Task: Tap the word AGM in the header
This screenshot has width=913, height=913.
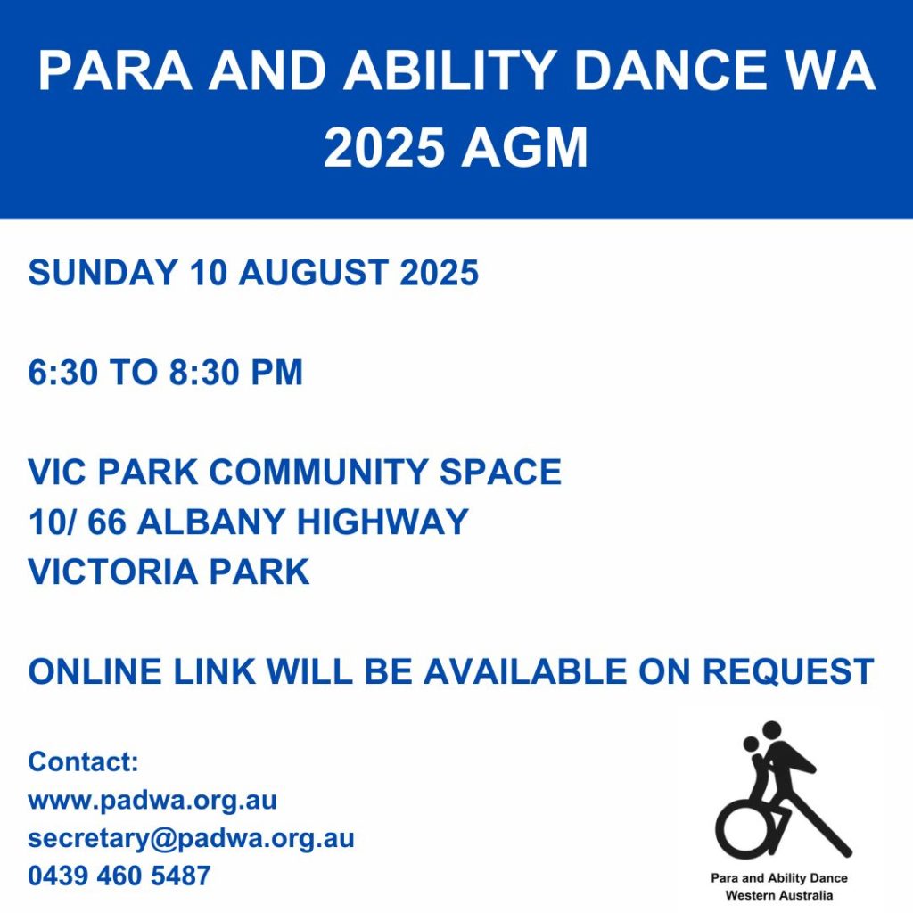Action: [x=524, y=147]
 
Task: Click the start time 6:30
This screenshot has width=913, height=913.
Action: [x=63, y=372]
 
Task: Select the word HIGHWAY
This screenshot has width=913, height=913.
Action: [x=382, y=521]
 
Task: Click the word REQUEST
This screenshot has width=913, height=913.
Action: [x=788, y=671]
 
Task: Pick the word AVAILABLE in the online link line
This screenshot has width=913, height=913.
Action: [x=525, y=671]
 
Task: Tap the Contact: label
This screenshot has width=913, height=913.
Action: [x=83, y=761]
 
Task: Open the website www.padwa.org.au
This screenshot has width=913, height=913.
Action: [x=152, y=801]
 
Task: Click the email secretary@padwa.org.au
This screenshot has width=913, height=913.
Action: [x=191, y=839]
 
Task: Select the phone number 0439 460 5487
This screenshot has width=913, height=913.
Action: [x=119, y=876]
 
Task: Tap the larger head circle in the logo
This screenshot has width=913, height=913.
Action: [x=771, y=731]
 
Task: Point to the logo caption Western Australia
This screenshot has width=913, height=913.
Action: [x=779, y=895]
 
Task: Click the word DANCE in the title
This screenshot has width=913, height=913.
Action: [x=670, y=70]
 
